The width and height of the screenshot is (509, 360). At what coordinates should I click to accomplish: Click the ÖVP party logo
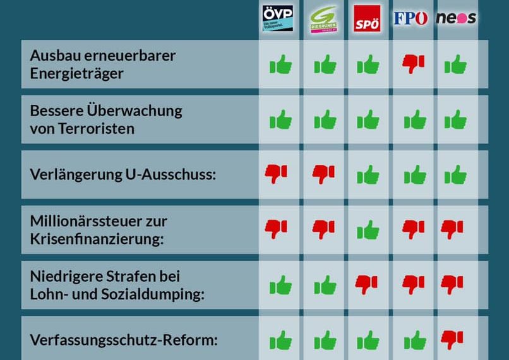click(x=278, y=18)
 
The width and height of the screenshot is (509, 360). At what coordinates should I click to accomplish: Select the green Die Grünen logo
click(x=324, y=19)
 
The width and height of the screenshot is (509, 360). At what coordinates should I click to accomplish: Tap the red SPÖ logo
click(x=367, y=18)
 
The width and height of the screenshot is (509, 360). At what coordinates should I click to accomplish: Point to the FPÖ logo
click(x=410, y=18)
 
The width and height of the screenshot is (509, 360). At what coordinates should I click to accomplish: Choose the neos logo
click(x=456, y=18)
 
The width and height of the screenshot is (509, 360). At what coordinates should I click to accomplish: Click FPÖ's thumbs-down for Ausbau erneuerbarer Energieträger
click(x=414, y=64)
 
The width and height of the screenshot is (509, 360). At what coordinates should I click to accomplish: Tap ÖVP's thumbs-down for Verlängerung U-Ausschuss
click(x=276, y=174)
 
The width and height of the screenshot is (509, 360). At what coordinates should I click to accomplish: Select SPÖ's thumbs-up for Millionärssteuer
click(x=368, y=230)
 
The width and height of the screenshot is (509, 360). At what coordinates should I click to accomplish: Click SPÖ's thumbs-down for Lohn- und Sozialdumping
click(x=367, y=284)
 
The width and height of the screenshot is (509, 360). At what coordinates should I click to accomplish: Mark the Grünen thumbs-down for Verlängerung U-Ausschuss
click(x=323, y=174)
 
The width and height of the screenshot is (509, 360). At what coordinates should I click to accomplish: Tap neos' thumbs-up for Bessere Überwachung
click(x=455, y=119)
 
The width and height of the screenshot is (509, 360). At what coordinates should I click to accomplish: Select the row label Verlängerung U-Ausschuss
click(x=123, y=174)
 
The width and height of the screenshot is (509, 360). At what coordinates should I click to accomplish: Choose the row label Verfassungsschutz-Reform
click(x=124, y=340)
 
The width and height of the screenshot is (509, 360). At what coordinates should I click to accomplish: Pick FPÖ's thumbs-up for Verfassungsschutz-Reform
click(x=415, y=340)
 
